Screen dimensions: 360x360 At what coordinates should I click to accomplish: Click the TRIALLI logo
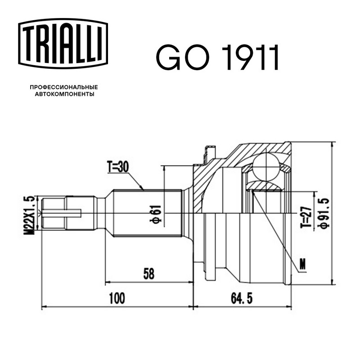[63, 44]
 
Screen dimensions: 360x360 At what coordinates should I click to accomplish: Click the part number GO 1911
[217, 57]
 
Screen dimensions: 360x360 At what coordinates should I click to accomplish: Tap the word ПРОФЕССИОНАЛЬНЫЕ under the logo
[64, 87]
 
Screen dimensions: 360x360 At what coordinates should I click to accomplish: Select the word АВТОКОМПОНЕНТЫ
[64, 94]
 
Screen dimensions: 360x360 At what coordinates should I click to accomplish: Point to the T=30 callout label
[118, 167]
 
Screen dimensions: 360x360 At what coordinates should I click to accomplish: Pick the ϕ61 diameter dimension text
[156, 214]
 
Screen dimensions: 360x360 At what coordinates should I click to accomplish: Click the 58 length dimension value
[149, 274]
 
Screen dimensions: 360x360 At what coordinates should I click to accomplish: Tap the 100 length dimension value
[117, 298]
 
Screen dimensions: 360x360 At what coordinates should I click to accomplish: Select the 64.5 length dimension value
[242, 298]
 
